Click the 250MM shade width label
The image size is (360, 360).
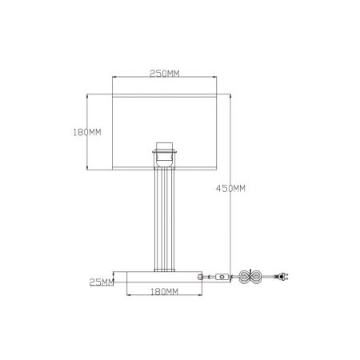click(165, 74)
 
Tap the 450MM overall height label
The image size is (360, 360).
click(230, 188)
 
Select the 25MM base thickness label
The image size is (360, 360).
click(102, 282)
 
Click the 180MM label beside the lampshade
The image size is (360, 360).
click(87, 132)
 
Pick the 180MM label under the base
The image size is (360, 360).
click(165, 292)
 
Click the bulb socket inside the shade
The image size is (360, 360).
click(165, 154)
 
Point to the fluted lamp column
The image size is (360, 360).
click(165, 219)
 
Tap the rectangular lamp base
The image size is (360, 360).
click(164, 277)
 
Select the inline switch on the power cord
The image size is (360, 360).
click(222, 277)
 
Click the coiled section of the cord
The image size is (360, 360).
click(250, 277)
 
